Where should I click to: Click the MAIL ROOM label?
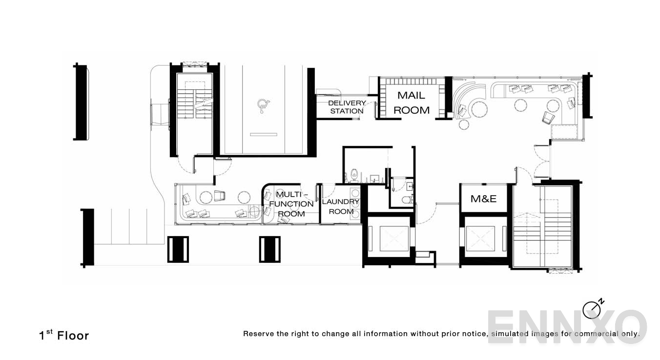pyautogui.click(x=412, y=103)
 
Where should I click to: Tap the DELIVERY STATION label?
pyautogui.click(x=347, y=107)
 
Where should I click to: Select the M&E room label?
pyautogui.click(x=483, y=199)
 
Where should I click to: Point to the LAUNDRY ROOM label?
pyautogui.click(x=341, y=206)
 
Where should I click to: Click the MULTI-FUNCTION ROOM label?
pyautogui.click(x=291, y=204)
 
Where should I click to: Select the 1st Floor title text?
pyautogui.click(x=64, y=336)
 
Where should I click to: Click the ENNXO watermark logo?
pyautogui.click(x=566, y=327)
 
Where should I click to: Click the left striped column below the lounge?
pyautogui.click(x=178, y=249)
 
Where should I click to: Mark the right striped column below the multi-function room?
pyautogui.click(x=269, y=249)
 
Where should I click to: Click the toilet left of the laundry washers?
pyautogui.click(x=354, y=174)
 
